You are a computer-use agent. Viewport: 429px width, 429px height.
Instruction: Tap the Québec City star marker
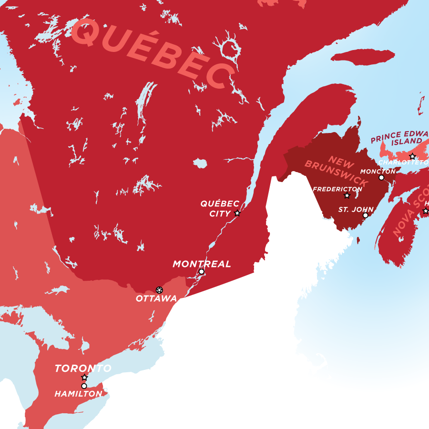[x=237, y=213]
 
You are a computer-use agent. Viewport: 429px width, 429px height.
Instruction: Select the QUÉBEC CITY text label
[x=219, y=209]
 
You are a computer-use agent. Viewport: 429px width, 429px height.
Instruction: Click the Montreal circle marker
[x=201, y=272]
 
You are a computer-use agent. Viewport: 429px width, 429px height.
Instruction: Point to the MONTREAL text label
[x=202, y=264]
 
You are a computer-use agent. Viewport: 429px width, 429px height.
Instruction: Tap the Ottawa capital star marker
[x=159, y=290]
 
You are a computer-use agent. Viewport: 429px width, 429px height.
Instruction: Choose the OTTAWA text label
[x=156, y=299]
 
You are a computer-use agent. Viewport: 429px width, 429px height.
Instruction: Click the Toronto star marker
[x=84, y=378]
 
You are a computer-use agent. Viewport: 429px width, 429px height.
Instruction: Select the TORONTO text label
[x=83, y=368]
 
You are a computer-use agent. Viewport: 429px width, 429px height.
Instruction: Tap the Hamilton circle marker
[x=84, y=386]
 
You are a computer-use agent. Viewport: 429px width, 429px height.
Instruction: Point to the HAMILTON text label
[x=78, y=394]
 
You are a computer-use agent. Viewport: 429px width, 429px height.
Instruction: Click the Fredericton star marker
[x=347, y=195]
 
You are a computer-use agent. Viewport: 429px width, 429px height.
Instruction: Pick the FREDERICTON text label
[x=337, y=189]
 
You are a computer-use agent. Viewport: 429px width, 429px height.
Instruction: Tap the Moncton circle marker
[x=381, y=177]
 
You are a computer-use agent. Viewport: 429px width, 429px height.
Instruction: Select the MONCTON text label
[x=378, y=171]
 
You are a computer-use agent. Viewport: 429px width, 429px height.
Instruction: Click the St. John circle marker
[x=366, y=215]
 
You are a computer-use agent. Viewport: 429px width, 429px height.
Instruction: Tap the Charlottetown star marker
[x=412, y=156]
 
